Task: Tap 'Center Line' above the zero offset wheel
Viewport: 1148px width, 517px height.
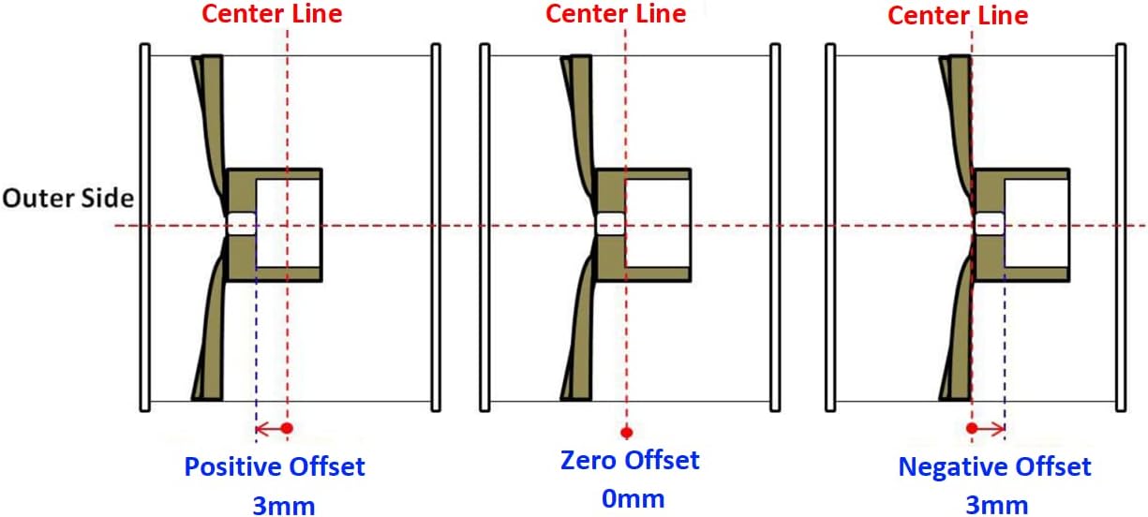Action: (616, 14)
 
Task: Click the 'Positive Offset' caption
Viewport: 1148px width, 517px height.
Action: (275, 466)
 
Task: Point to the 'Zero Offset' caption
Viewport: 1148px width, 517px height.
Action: (630, 461)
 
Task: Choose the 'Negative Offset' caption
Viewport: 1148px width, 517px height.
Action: (994, 466)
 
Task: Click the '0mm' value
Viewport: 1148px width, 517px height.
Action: (633, 498)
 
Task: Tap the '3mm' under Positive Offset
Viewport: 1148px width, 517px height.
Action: (283, 506)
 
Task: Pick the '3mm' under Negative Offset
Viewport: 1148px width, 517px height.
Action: (996, 506)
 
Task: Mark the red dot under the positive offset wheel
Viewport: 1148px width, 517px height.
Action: (287, 428)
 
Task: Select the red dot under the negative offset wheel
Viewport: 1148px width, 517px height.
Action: (973, 428)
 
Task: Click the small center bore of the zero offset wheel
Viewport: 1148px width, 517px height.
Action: (611, 225)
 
